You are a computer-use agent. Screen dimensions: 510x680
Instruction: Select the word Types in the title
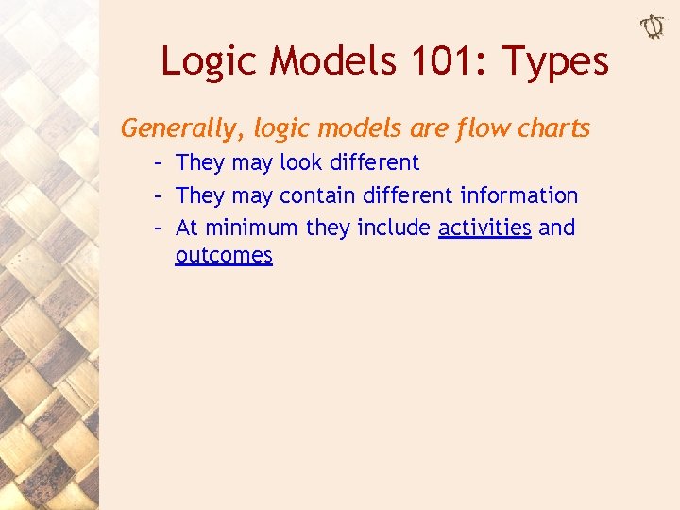[x=555, y=62]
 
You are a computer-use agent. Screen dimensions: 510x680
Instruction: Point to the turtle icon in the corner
[x=653, y=27]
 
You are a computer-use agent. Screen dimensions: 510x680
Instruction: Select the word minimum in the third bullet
[x=251, y=228]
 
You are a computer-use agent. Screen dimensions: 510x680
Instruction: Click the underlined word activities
[x=484, y=228]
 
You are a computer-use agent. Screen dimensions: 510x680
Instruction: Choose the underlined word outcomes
[x=224, y=255]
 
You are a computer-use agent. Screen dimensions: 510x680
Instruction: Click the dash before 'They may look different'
[x=161, y=162]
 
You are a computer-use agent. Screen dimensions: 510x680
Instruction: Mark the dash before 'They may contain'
[x=161, y=195]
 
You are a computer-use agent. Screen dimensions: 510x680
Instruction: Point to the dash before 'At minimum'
[x=161, y=228]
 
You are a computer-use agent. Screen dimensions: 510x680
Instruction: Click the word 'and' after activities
[x=556, y=228]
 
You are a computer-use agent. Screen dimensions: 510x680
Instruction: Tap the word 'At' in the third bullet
[x=187, y=228]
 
